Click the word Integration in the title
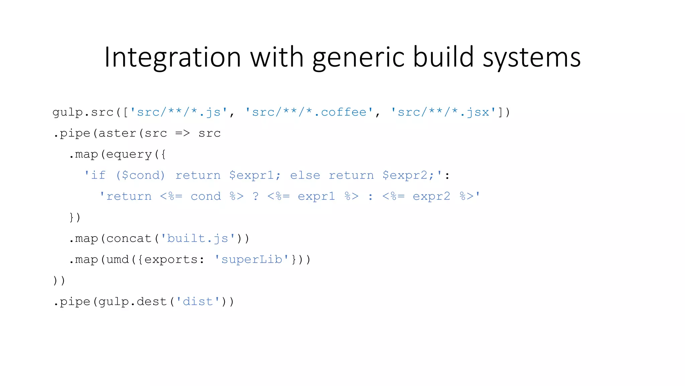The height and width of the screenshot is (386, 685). pos(173,58)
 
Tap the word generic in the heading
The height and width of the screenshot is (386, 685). pos(359,58)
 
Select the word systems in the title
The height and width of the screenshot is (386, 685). pos(531,58)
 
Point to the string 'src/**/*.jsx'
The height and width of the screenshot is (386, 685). pos(444,112)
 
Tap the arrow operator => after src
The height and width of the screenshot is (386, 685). pos(183,133)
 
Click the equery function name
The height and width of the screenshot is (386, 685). pos(129,154)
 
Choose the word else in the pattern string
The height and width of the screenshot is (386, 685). pos(305,176)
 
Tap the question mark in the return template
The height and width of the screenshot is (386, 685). pos(256,196)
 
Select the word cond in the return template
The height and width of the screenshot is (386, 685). pos(206,196)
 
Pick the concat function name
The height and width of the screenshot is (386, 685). pos(129,239)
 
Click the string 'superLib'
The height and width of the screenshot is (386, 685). pos(252,260)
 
